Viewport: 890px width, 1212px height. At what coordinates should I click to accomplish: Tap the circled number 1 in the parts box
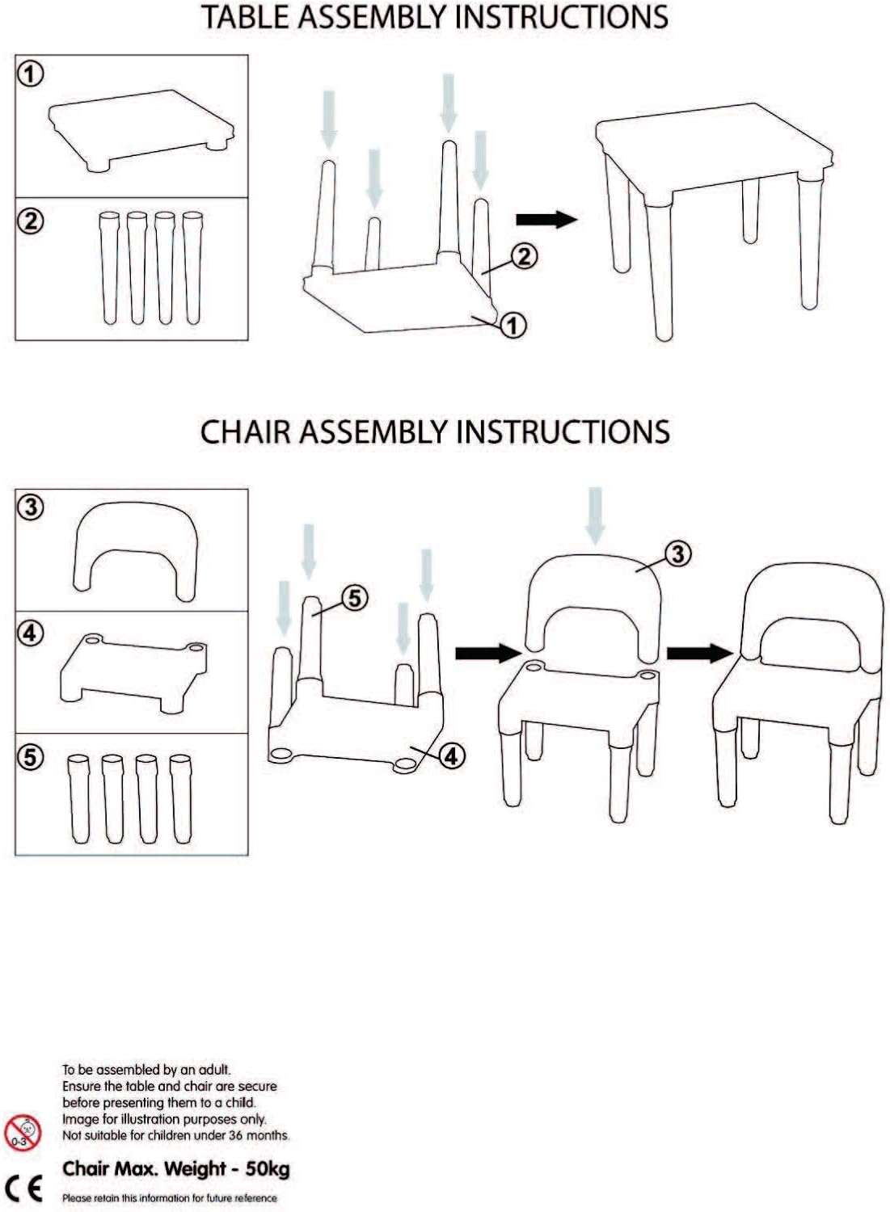pos(31,74)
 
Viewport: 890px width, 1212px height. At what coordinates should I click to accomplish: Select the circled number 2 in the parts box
pos(31,220)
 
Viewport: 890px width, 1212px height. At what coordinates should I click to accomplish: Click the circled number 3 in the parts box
pos(31,507)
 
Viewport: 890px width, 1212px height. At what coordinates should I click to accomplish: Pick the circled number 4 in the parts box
pos(31,633)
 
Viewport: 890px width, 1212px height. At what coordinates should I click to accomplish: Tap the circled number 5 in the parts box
pos(31,756)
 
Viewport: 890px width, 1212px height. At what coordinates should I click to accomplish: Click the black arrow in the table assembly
pos(546,219)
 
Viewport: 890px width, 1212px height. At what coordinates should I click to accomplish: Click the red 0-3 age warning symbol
pos(22,1132)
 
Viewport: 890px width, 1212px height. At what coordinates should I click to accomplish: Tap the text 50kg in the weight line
pos(268,1168)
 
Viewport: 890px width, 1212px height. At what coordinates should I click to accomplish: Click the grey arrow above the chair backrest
pos(595,514)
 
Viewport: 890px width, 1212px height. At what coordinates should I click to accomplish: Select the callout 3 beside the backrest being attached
pos(677,553)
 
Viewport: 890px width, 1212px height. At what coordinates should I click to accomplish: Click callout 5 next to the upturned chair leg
pos(354,598)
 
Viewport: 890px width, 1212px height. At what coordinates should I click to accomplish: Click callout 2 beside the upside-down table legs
pos(524,256)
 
